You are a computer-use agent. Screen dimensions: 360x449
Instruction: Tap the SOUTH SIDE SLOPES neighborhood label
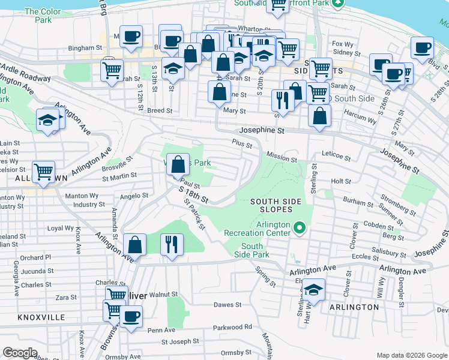pyautogui.click(x=271, y=205)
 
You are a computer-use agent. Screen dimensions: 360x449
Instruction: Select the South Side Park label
pyautogui.click(x=252, y=250)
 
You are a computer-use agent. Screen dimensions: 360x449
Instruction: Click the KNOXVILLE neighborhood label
pyautogui.click(x=41, y=317)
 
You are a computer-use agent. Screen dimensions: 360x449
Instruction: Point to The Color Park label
pyautogui.click(x=43, y=16)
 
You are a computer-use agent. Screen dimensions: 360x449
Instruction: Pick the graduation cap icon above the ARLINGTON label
pyautogui.click(x=313, y=290)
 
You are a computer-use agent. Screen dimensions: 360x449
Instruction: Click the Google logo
pyautogui.click(x=20, y=352)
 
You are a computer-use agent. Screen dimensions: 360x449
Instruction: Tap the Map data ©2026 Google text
pyautogui.click(x=411, y=355)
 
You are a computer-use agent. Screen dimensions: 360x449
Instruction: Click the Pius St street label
pyautogui.click(x=242, y=143)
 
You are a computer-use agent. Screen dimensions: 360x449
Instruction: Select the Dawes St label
pyautogui.click(x=227, y=305)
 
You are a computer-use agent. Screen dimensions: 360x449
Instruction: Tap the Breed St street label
pyautogui.click(x=160, y=111)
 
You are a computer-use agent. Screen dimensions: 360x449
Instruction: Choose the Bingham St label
pyautogui.click(x=85, y=48)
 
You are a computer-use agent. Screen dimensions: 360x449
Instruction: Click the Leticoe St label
pyautogui.click(x=336, y=155)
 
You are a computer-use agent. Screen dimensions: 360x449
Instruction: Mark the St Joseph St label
pyautogui.click(x=179, y=342)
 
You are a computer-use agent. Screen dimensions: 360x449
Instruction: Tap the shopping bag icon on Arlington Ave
pyautogui.click(x=135, y=245)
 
